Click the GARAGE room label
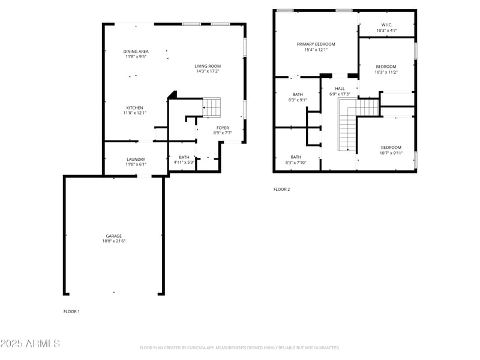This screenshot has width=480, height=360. point(114,236)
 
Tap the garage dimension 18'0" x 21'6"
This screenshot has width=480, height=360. point(114,241)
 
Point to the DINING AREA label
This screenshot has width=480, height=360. point(136,52)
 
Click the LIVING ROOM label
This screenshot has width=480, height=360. point(208,66)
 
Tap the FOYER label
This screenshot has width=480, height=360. point(223,128)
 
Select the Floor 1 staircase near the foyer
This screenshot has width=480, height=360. point(211,107)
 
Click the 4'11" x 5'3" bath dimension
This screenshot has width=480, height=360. point(184,162)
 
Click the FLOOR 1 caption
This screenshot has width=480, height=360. point(71,311)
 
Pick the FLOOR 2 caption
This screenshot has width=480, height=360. point(281,189)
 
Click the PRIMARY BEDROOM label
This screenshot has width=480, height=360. point(316,44)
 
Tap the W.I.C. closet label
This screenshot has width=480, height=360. point(386,25)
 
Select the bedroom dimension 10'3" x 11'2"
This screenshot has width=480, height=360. point(386,72)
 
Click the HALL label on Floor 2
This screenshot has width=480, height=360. point(340,89)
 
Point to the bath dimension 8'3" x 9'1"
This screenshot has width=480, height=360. point(297,100)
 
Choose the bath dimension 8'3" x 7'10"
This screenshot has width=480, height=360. point(296,162)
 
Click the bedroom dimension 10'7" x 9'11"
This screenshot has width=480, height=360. point(391,152)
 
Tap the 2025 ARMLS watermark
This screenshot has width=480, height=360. point(30,344)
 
